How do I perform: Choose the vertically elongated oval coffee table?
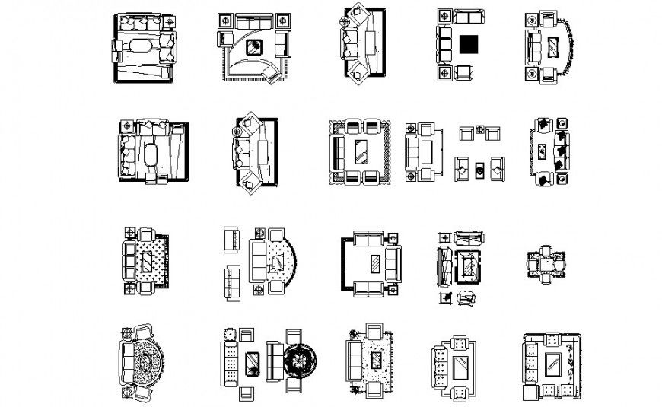(149, 155)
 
